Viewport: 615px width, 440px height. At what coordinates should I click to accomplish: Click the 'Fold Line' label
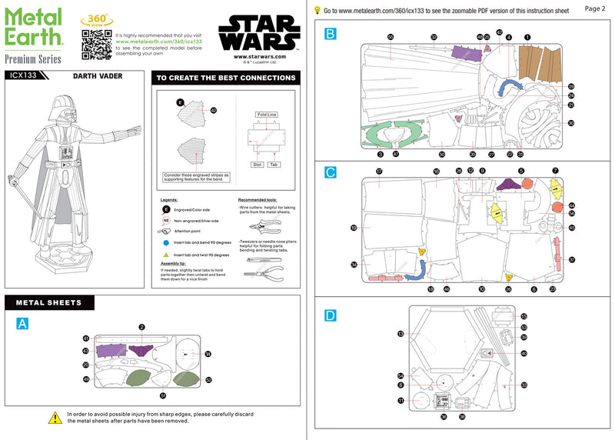266,115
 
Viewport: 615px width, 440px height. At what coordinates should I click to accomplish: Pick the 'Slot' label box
257,165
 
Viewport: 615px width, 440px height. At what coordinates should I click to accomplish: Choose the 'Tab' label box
274,165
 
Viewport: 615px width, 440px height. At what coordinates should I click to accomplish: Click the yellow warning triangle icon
55,417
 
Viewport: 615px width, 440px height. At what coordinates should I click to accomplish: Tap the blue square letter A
22,324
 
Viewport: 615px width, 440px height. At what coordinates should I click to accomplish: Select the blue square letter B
330,34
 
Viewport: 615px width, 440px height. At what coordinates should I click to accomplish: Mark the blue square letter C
330,173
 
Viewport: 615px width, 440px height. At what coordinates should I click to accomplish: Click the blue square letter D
330,315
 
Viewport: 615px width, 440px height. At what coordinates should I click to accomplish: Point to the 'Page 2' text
595,8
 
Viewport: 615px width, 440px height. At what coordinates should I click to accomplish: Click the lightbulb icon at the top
317,10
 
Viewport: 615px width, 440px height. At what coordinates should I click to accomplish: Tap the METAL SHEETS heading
49,303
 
